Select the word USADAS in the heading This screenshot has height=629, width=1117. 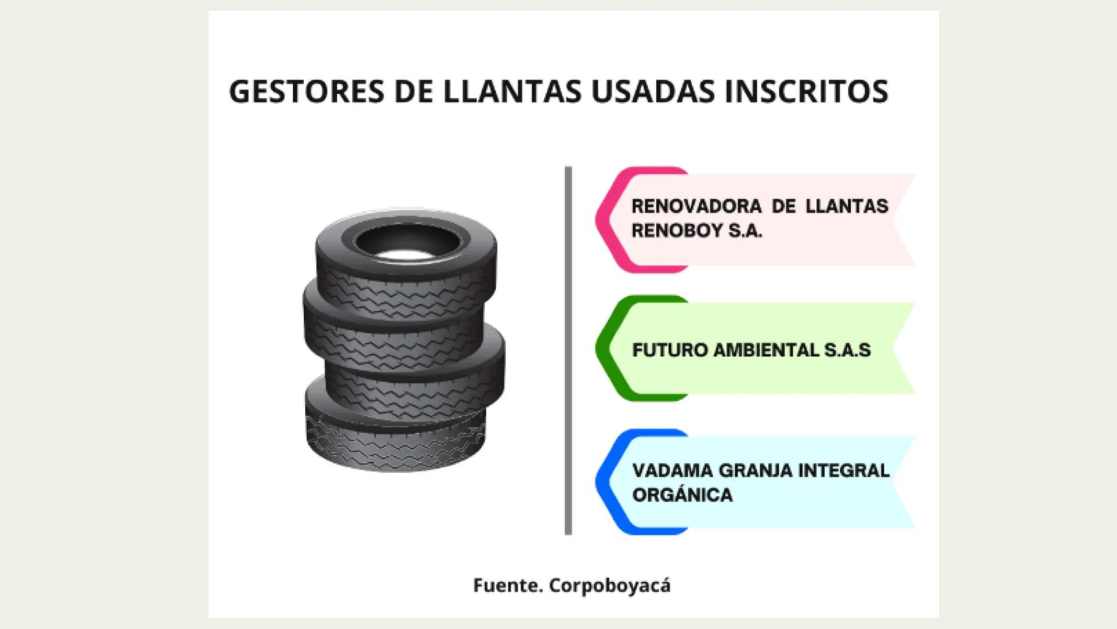[653, 92]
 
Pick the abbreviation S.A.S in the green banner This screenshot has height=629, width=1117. [847, 351]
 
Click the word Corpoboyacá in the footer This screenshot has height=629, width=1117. [609, 585]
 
